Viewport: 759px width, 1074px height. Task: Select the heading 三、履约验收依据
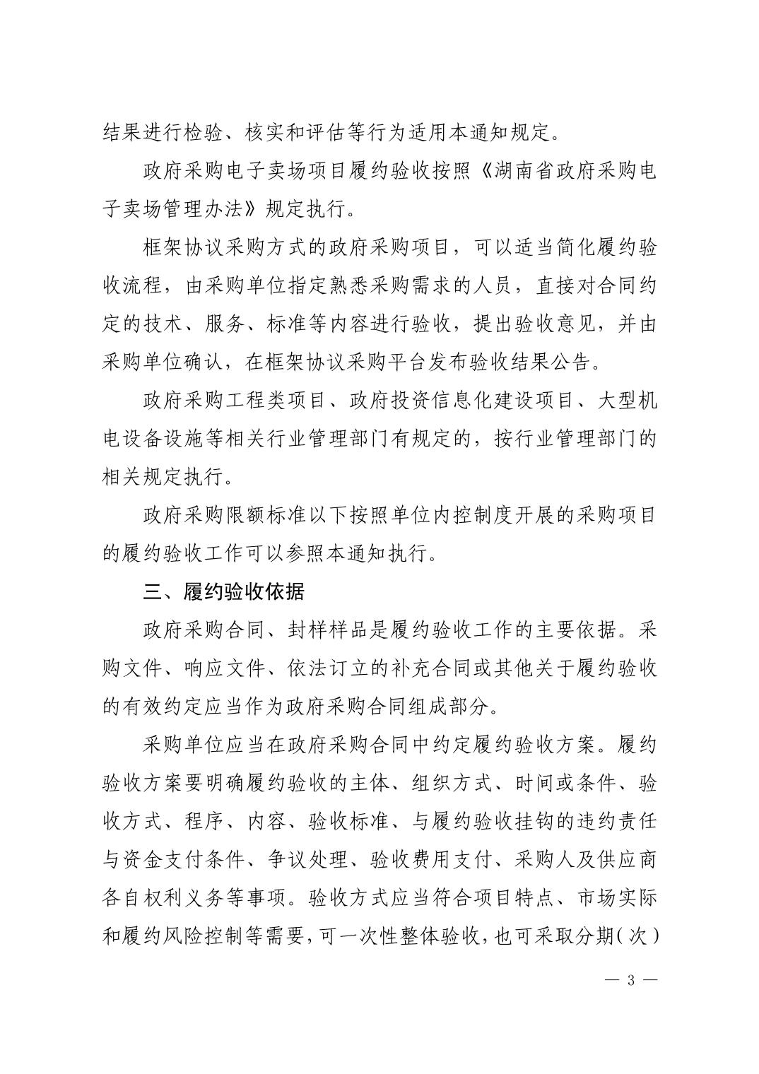click(x=223, y=591)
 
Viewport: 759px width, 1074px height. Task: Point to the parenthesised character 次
click(x=637, y=936)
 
